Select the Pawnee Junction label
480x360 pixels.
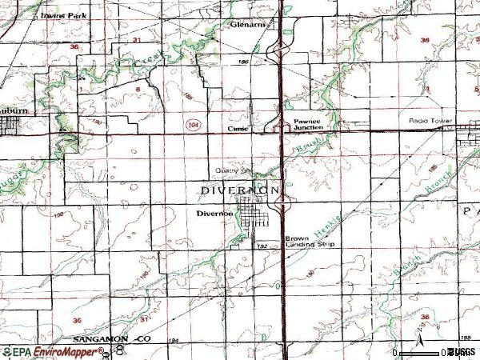[x=308, y=126]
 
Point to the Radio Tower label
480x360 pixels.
[x=431, y=121]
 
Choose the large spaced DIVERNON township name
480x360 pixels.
[x=240, y=191]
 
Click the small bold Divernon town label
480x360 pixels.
[x=214, y=214]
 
